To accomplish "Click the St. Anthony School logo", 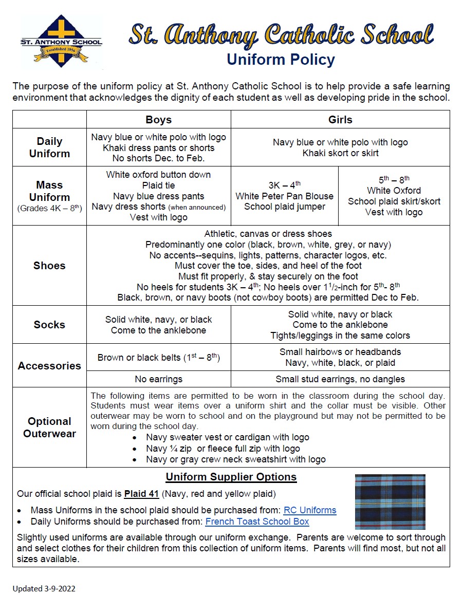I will click(61, 42).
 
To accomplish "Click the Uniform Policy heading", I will click(281, 60).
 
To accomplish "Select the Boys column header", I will click(158, 120).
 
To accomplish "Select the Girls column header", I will click(340, 120).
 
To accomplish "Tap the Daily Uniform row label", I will click(49, 147).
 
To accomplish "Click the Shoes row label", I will click(49, 265).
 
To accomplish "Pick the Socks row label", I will click(49, 324).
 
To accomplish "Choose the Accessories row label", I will click(49, 365).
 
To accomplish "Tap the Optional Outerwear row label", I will click(49, 427).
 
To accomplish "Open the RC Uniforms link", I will click(310, 510).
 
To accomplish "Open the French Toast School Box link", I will click(257, 522).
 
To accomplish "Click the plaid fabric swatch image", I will click(390, 501).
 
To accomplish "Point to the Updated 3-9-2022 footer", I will click(44, 588).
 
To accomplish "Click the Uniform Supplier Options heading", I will click(231, 477).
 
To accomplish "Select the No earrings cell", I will click(158, 379).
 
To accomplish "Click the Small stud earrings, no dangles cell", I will click(340, 379).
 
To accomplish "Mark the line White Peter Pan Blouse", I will click(284, 196).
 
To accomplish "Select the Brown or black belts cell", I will click(158, 357).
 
